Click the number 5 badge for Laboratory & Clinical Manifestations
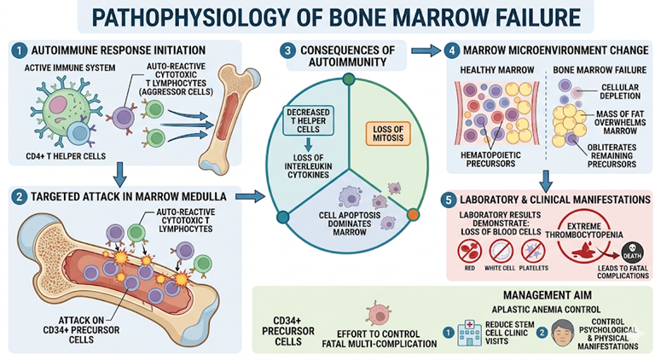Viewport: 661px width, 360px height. coord(450,200)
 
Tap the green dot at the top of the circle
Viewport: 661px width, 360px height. coord(347,79)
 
